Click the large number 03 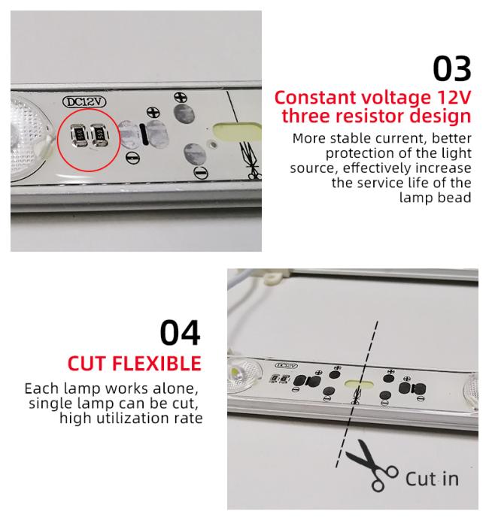tap(452, 69)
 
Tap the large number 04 tap(181, 333)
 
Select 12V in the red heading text tap(453, 98)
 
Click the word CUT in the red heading tap(87, 364)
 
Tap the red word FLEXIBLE tap(156, 364)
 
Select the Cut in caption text tap(432, 479)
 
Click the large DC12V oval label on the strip tap(84, 102)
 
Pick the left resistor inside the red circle tap(78, 135)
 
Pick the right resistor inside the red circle tap(99, 135)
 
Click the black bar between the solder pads tap(144, 135)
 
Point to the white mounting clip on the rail tap(273, 278)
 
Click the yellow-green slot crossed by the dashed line tap(359, 384)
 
